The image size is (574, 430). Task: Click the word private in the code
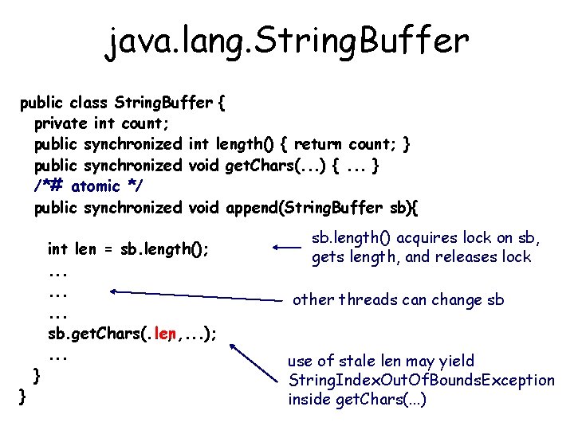61,123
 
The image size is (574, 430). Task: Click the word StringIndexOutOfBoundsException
421,380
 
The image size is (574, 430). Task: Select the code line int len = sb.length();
128,248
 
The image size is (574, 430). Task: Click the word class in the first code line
90,103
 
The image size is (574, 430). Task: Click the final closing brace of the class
23,396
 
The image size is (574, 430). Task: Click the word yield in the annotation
458,362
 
